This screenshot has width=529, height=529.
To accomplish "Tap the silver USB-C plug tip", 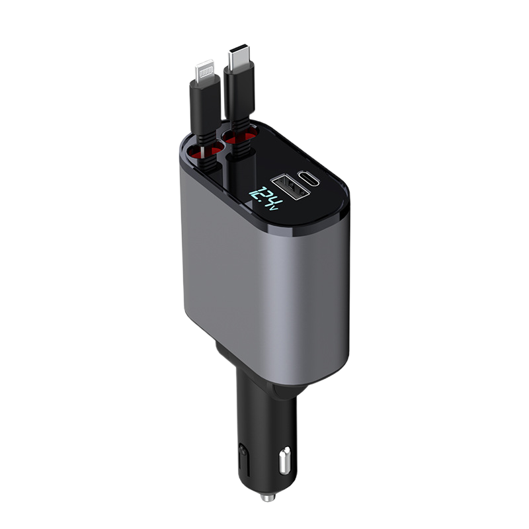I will click(237, 58).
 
